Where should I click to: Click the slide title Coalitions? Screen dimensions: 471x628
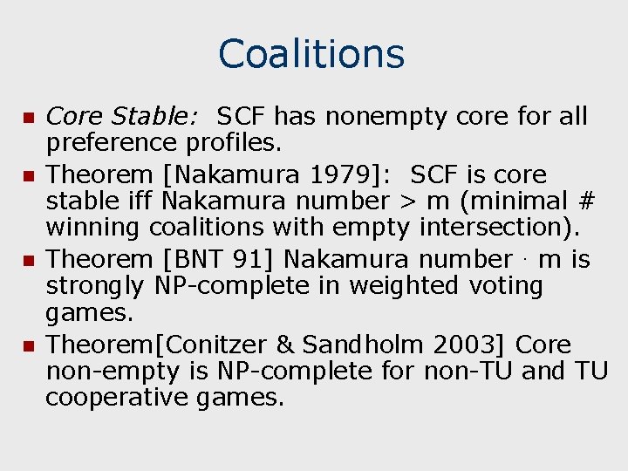click(x=311, y=53)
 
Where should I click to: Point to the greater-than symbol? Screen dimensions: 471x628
click(x=407, y=201)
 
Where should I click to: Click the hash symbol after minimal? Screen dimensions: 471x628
click(x=586, y=201)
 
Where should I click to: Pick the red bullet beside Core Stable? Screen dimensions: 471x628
click(x=27, y=117)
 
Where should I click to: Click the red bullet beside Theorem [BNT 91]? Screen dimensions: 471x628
click(x=27, y=260)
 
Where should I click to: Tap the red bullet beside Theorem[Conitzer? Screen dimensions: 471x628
click(x=27, y=345)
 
